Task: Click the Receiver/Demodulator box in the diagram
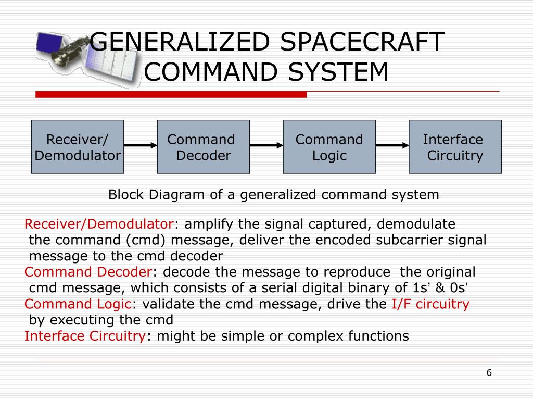(x=78, y=147)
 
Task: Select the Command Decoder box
(x=203, y=147)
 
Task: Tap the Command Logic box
(x=329, y=147)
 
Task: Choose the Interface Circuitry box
(x=455, y=147)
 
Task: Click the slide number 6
(x=489, y=372)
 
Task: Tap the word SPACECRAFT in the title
(x=362, y=42)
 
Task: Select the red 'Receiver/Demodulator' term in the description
(x=99, y=224)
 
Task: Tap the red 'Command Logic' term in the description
(x=78, y=304)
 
